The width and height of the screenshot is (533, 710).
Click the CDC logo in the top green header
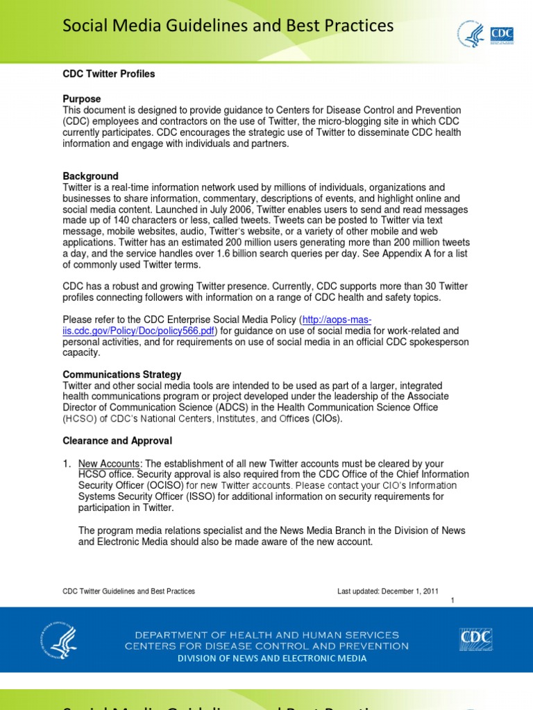501,34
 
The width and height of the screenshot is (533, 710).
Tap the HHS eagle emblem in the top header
470,34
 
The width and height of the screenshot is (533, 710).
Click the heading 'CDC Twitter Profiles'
109,74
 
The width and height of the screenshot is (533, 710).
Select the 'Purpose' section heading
82,99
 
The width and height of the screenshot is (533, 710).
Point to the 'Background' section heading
91,176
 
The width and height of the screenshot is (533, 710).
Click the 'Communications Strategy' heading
122,374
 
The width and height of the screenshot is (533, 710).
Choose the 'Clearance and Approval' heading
117,441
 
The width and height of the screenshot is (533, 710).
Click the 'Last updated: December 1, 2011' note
387,591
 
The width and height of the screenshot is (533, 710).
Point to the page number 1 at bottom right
452,600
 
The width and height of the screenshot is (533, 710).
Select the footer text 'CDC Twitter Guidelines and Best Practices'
129,591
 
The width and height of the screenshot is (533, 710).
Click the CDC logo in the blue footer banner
475,639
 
